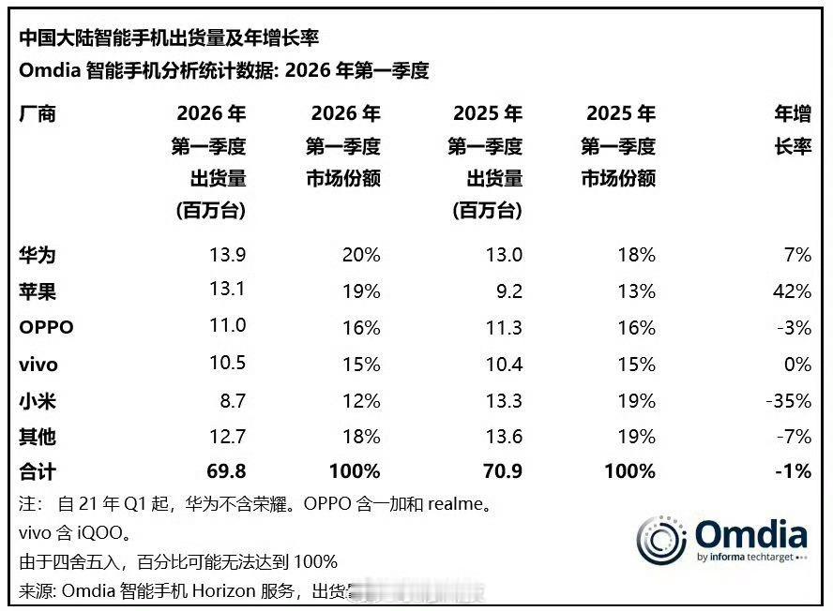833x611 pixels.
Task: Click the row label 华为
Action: click(38, 255)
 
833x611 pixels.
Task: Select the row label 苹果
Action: click(38, 291)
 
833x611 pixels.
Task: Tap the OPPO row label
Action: click(46, 328)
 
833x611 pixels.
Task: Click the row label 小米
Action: click(38, 400)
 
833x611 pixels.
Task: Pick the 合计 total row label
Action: click(38, 471)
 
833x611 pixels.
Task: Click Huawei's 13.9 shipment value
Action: click(227, 255)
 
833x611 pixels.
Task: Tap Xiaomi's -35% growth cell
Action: click(788, 401)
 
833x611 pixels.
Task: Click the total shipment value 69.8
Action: click(226, 471)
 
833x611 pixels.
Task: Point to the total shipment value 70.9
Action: click(502, 471)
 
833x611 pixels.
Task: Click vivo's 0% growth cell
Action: click(796, 364)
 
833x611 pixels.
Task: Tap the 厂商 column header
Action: click(38, 114)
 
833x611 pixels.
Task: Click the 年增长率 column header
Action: click(792, 131)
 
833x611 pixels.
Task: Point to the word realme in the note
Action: click(460, 504)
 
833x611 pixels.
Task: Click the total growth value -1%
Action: click(794, 471)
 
